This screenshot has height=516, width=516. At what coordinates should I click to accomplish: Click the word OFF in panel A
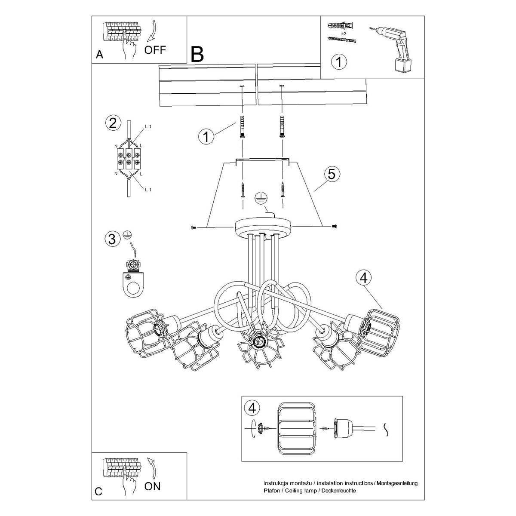pyautogui.click(x=155, y=49)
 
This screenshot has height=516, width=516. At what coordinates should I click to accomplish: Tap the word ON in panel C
pyautogui.click(x=152, y=486)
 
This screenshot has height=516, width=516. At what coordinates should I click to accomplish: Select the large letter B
pyautogui.click(x=197, y=55)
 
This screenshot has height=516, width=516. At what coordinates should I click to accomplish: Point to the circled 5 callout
pyautogui.click(x=331, y=174)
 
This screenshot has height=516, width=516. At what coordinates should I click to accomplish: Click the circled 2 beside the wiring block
pyautogui.click(x=113, y=124)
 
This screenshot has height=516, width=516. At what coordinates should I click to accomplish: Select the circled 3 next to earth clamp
pyautogui.click(x=113, y=239)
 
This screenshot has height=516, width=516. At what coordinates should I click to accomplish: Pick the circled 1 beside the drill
pyautogui.click(x=339, y=62)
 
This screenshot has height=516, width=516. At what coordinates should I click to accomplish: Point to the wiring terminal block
pyautogui.click(x=128, y=158)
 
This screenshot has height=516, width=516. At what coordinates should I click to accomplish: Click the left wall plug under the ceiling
pyautogui.click(x=242, y=126)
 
